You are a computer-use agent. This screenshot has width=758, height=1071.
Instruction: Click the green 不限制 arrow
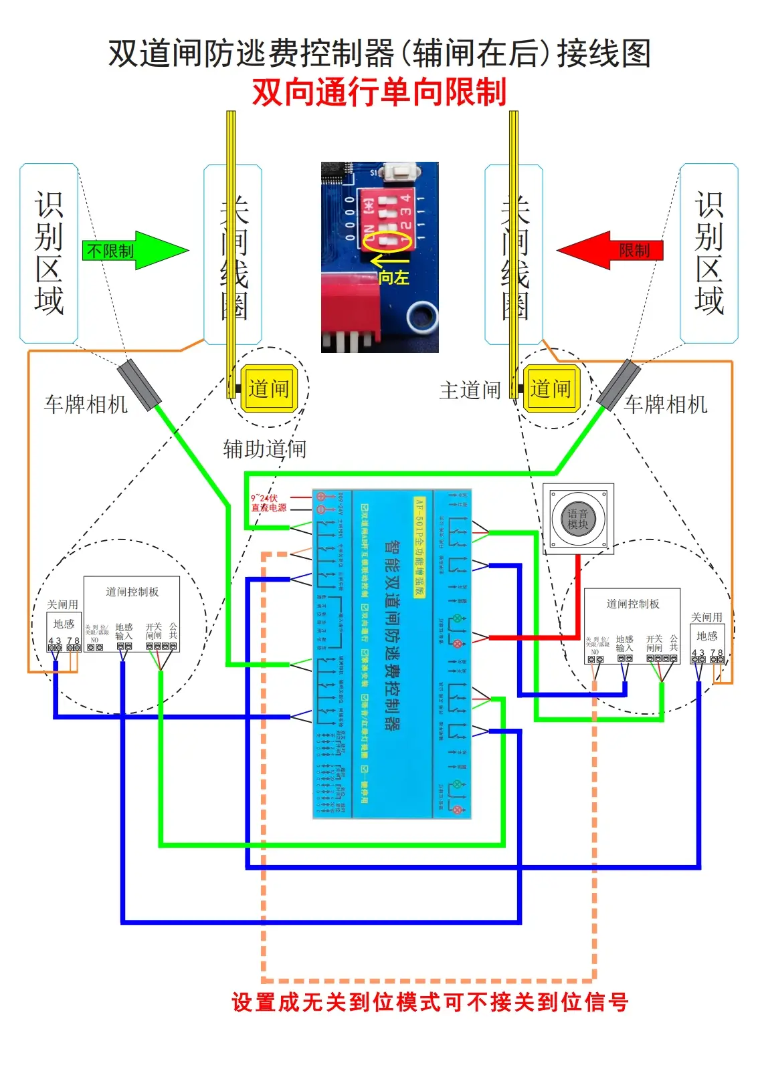tap(134, 251)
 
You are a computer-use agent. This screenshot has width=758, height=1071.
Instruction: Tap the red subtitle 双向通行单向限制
tap(379, 92)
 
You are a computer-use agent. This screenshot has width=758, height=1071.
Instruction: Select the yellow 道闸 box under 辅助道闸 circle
tap(268, 388)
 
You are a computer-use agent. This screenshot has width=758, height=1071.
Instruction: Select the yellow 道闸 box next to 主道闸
tap(551, 388)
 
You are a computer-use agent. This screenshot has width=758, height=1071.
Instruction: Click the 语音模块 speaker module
tap(578, 519)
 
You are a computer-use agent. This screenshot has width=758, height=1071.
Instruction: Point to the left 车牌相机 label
tap(86, 404)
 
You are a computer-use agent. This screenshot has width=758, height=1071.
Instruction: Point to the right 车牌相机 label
tap(665, 404)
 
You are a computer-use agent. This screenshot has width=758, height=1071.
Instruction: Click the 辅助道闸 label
tap(264, 449)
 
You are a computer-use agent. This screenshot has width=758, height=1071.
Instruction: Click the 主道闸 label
tap(470, 390)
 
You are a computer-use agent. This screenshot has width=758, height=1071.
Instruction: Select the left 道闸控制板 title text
tap(132, 592)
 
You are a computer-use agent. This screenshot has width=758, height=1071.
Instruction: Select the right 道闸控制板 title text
tap(632, 604)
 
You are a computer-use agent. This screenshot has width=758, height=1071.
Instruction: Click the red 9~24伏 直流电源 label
tap(268, 503)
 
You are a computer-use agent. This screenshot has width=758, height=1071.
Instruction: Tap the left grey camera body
tap(139, 385)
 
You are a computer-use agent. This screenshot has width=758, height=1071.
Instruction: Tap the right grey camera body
tap(618, 385)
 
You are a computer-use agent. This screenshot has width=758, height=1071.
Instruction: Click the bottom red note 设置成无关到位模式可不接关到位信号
tap(430, 1001)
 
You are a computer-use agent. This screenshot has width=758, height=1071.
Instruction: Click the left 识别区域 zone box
tap(49, 253)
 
